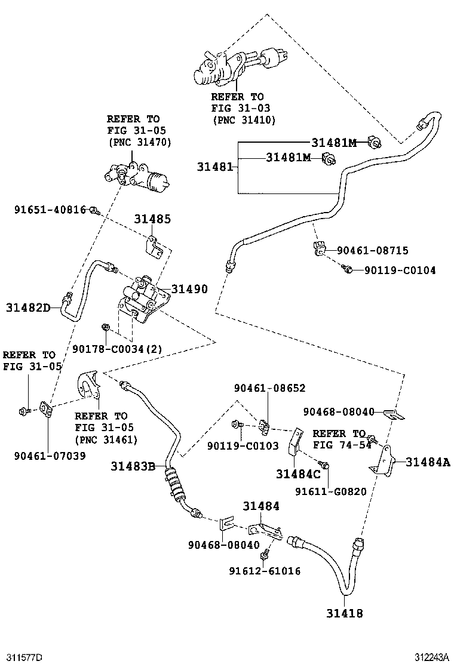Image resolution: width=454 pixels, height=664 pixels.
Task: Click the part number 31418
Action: point(345,613)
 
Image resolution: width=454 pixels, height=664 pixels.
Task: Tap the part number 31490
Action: point(189,289)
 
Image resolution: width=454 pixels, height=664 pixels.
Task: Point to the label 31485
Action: point(152,219)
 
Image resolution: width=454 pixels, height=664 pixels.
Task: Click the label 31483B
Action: point(133,466)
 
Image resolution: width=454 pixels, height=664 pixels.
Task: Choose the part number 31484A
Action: point(427,462)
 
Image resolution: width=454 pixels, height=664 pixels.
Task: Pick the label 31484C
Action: point(298,474)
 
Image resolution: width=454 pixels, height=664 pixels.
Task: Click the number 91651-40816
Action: point(50,210)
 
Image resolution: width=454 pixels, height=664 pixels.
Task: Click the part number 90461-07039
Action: point(50,456)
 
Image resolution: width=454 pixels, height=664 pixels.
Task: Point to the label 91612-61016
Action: point(265,571)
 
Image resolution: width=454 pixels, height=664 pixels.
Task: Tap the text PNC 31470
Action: point(139,142)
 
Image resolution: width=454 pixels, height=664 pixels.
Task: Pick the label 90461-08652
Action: point(269,388)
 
